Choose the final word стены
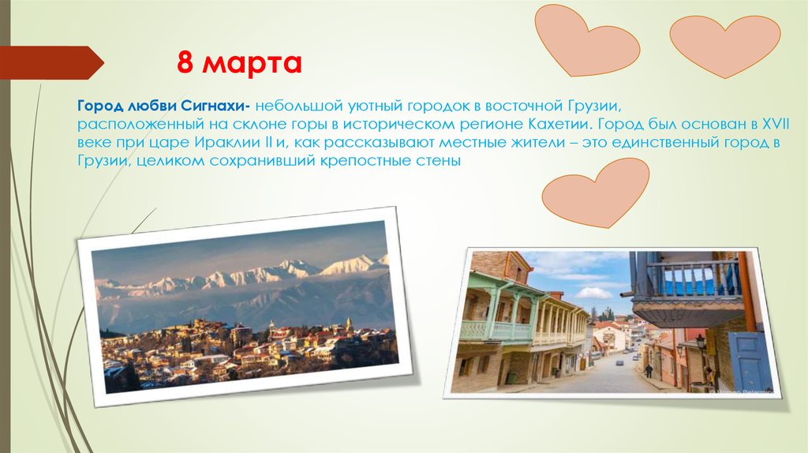coord(438,161)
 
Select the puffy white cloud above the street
coord(595,293)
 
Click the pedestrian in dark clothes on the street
coord(649,370)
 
